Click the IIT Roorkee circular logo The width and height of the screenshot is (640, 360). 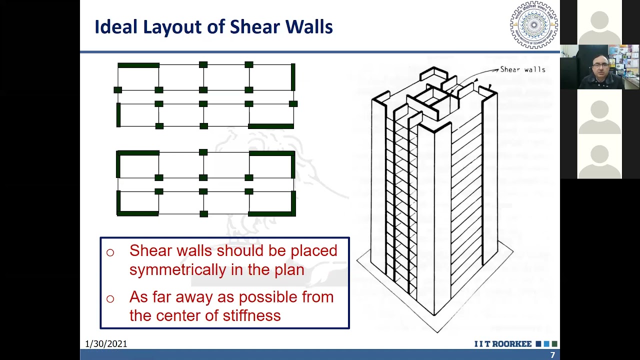click(x=533, y=24)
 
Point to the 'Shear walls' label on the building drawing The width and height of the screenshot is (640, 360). click(x=522, y=69)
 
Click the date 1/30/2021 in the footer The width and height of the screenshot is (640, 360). click(x=106, y=344)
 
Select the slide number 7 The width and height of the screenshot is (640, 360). click(x=552, y=355)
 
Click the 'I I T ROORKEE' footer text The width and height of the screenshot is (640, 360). click(x=503, y=344)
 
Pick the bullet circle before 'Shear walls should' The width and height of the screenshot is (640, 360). click(x=110, y=252)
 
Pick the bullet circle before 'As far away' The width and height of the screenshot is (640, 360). click(x=110, y=299)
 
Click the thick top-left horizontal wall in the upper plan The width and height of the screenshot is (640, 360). click(x=138, y=65)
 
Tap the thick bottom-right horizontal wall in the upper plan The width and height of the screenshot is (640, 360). click(x=271, y=126)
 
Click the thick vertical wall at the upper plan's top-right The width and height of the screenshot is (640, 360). click(x=293, y=76)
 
